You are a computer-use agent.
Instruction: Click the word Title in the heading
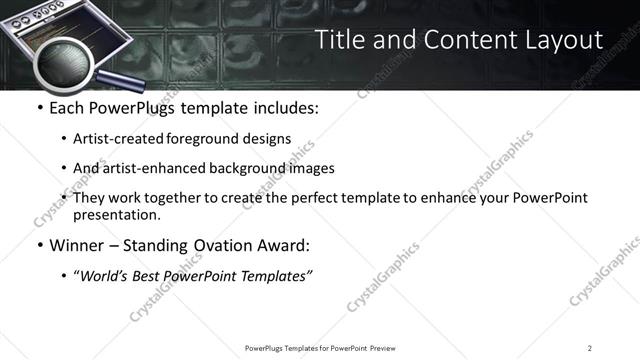tap(340, 40)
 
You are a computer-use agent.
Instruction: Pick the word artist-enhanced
tap(149, 169)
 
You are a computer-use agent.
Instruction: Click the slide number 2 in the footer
tap(590, 347)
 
